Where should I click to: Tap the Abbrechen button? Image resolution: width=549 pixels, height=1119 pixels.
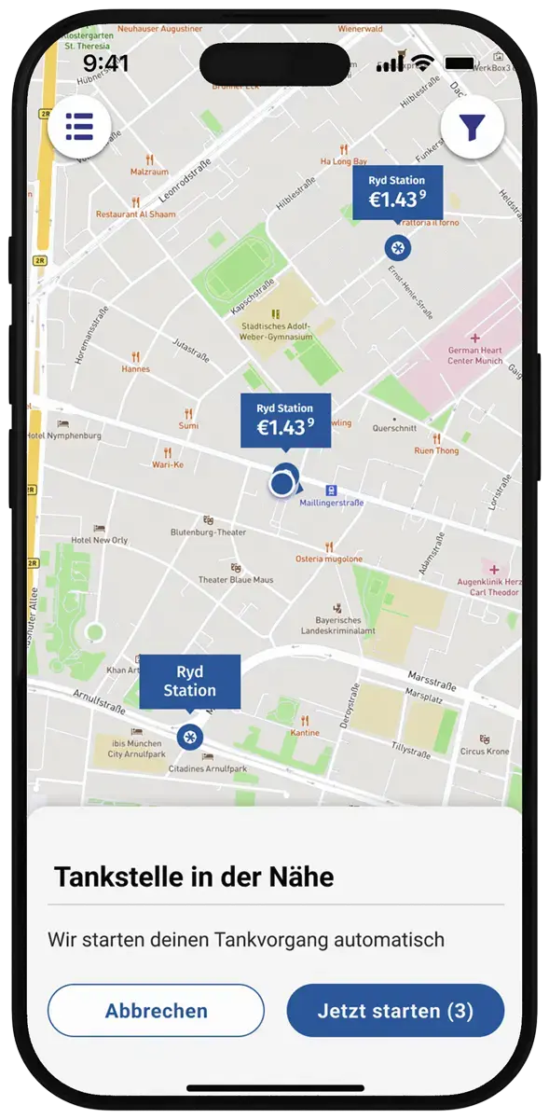pos(156,1011)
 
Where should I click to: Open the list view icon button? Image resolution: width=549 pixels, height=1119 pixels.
pos(79,126)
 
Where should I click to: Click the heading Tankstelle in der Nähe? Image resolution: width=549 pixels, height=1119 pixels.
pos(194,877)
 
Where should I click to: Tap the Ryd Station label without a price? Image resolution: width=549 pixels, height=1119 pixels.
pos(190,682)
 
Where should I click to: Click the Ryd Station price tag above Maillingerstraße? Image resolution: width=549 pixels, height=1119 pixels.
pos(284,421)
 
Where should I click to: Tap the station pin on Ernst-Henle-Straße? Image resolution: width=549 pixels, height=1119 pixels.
pos(397,247)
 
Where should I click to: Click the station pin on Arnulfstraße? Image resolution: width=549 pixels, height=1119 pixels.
pos(190,737)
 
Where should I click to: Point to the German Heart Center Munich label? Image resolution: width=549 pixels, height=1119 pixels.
pos(475,354)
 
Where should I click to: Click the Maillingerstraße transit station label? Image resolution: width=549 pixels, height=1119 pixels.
pos(332,503)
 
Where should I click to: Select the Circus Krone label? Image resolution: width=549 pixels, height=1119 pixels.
pos(485,751)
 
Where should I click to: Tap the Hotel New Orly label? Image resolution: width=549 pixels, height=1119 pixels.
pos(100,540)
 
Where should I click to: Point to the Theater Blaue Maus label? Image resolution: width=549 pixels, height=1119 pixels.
pos(236,579)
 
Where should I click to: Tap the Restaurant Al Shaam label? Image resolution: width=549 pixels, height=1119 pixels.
pos(136,214)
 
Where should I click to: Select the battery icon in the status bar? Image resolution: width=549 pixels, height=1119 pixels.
pos(460,63)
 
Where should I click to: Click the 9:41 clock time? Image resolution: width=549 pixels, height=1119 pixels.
pos(106,63)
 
